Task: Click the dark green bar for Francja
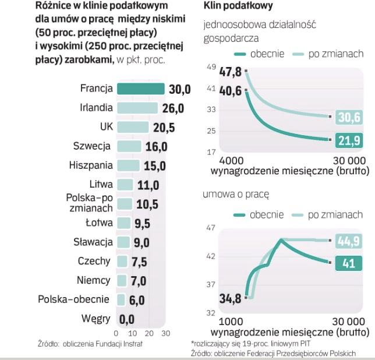pos(140,89)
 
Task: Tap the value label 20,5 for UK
pos(163,127)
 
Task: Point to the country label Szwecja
pos(93,146)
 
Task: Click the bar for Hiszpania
pos(128,165)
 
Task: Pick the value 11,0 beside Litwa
pos(147,185)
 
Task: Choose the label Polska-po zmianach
pos(89,203)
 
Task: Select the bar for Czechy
pos(122,261)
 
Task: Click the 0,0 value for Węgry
pos(126,319)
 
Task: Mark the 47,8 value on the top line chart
pos(230,72)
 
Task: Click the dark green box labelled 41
pos(348,263)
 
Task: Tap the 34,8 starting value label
pos(231,299)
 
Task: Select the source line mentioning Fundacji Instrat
pos(90,343)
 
